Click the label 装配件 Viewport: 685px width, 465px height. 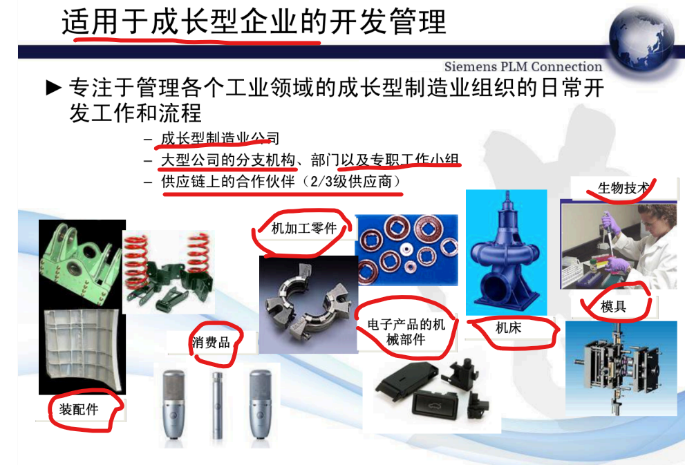pyautogui.click(x=79, y=410)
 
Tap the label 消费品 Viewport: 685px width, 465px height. pyautogui.click(x=211, y=342)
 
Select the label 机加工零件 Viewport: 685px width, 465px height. pyautogui.click(x=304, y=228)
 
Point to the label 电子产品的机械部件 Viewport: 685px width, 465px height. pyautogui.click(x=406, y=332)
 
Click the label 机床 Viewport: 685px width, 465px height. pyautogui.click(x=508, y=328)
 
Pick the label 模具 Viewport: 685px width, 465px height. pyautogui.click(x=613, y=307)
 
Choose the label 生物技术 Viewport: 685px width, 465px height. pyautogui.click(x=624, y=188)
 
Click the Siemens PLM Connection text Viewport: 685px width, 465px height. pyautogui.click(x=523, y=67)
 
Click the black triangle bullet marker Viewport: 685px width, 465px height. pyautogui.click(x=54, y=88)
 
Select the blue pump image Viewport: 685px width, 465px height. pyautogui.click(x=507, y=252)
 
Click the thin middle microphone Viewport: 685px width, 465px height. pyautogui.click(x=217, y=405)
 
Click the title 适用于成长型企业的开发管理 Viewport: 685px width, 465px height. pyautogui.click(x=254, y=21)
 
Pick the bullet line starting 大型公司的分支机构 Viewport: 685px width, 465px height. pyautogui.click(x=310, y=160)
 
